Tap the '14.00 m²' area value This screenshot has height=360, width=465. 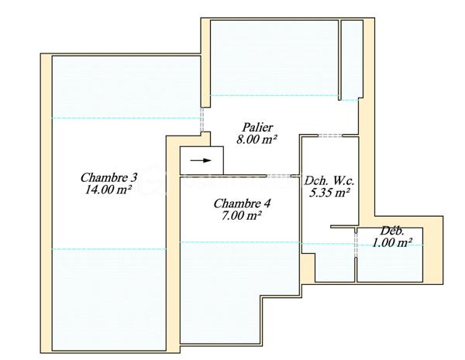pos(108,188)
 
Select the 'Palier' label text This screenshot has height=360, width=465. pos(257,127)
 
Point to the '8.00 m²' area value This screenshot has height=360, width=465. pos(257,139)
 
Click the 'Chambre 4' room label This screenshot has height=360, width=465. pos(243,204)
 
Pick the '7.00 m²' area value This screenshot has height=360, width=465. pos(243,216)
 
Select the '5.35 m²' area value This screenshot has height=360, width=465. pos(330,192)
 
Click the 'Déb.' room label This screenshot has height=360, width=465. pos(391,231)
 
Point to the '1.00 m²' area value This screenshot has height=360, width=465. pos(391,242)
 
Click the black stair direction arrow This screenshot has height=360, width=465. pos(200,161)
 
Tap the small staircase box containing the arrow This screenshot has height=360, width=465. pos(201,161)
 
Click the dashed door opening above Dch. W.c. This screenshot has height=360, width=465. pos(330,136)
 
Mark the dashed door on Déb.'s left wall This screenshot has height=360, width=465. pos(356,244)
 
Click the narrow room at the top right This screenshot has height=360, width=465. pos(351,58)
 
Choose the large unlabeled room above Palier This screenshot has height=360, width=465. pos(273,58)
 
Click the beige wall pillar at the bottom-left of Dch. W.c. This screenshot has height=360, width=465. pos(308,268)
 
